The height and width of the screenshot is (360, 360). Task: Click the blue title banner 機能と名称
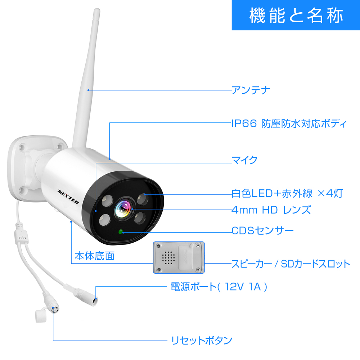coord(296,15)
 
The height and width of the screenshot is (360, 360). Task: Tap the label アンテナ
coord(251,90)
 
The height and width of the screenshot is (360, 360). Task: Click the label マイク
coord(244,159)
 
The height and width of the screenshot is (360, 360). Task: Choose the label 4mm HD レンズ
coord(271,210)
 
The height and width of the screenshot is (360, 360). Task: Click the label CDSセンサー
coord(262,230)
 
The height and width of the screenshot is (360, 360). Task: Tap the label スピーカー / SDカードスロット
coord(290,264)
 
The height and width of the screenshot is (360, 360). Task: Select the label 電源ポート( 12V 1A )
coord(219,287)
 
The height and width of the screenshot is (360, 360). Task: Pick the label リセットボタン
coord(201,340)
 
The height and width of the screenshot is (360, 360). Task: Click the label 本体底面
coord(94,256)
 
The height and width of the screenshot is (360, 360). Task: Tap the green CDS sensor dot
coord(121,232)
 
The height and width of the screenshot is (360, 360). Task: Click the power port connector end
coord(94,300)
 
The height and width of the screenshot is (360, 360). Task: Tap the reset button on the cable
coord(54,309)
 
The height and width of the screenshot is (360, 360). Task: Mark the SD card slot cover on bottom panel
coord(188,256)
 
